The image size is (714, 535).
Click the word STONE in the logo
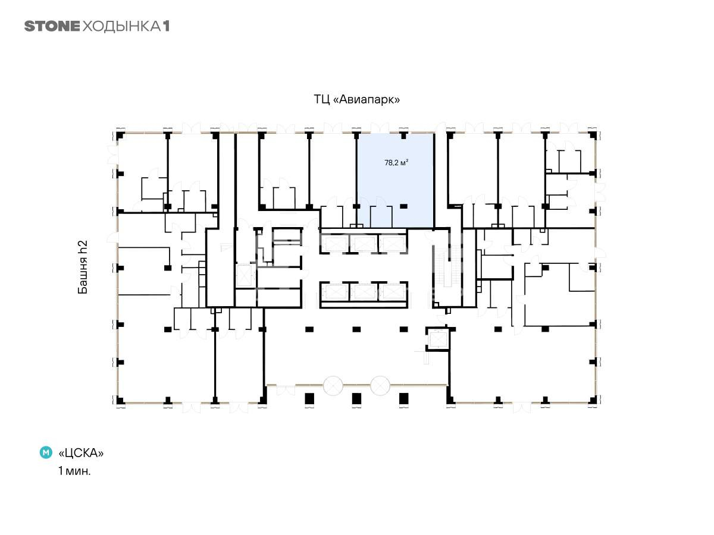(x=52, y=26)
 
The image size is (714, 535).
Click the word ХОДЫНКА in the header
(x=121, y=27)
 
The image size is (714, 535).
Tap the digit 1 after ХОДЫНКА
(x=166, y=26)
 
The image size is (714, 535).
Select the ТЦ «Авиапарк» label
(x=356, y=99)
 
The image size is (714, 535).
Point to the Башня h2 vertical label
(x=83, y=267)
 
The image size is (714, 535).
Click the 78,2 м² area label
(x=396, y=162)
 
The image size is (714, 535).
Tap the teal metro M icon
(x=46, y=452)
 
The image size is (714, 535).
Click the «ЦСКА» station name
(x=81, y=453)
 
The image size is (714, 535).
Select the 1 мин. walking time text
(x=74, y=471)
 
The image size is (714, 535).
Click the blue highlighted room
(x=396, y=180)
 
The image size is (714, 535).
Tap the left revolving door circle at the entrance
(x=333, y=386)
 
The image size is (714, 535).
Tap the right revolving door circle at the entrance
(x=380, y=386)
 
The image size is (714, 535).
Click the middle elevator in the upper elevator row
(x=364, y=244)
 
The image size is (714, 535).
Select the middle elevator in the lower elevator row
(x=364, y=292)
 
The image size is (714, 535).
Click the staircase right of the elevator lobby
(x=448, y=266)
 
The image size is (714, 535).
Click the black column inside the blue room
(x=403, y=206)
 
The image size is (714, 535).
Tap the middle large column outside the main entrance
(x=356, y=398)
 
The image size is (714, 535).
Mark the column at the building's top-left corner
(x=120, y=136)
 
